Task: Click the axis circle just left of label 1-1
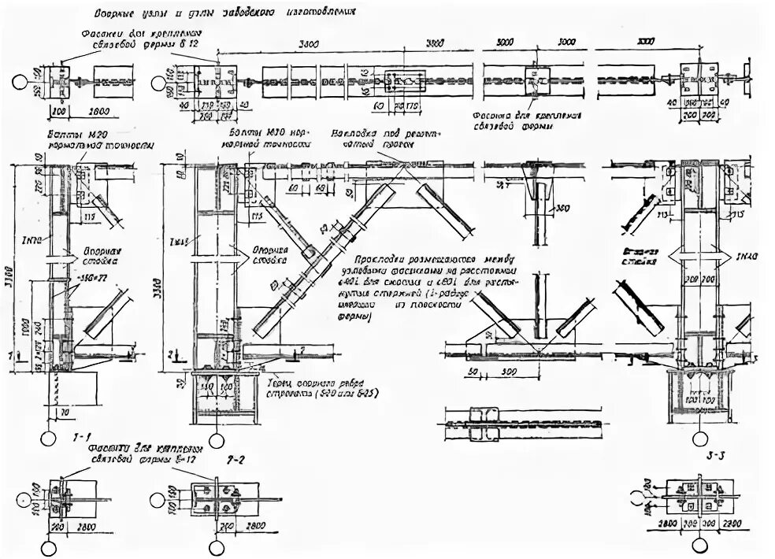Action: coord(48,438)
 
